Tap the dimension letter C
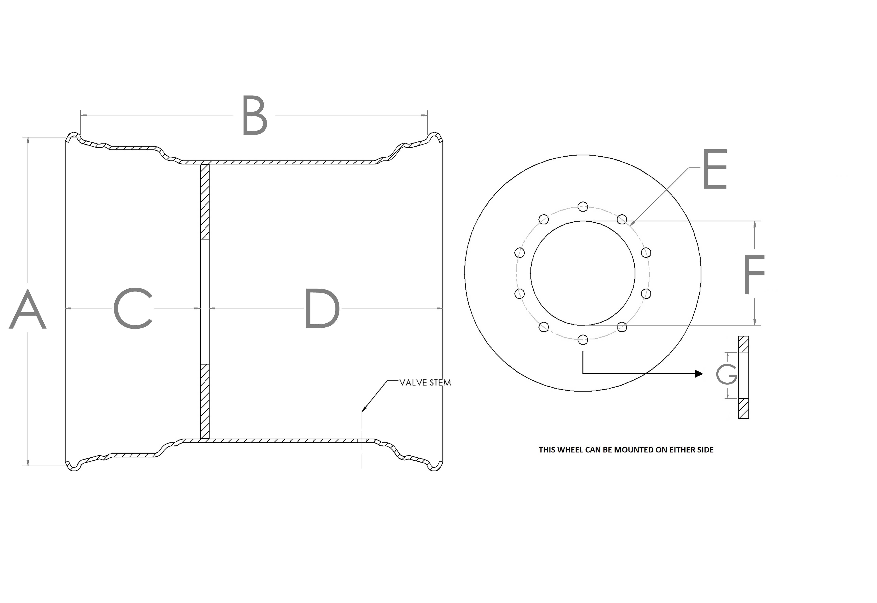tap(133, 308)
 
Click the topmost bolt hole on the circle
tap(583, 206)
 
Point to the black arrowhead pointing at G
tap(699, 374)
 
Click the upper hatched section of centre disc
tap(205, 202)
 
